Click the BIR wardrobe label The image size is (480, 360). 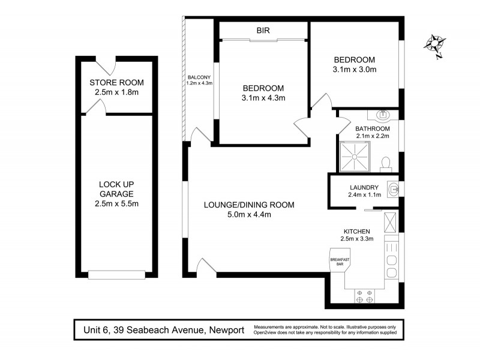pyautogui.click(x=263, y=29)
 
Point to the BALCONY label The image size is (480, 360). pyautogui.click(x=199, y=77)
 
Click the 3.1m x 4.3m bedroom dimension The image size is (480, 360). pyautogui.click(x=263, y=98)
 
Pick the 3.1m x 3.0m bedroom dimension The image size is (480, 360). pyautogui.click(x=354, y=70)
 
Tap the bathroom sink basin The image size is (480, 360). pyautogui.click(x=383, y=115)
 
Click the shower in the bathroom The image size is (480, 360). pyautogui.click(x=354, y=155)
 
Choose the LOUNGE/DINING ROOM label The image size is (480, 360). pyautogui.click(x=249, y=205)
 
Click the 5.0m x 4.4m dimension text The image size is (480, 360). pyautogui.click(x=249, y=215)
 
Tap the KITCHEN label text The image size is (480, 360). pyautogui.click(x=356, y=231)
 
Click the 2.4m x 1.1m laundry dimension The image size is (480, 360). pyautogui.click(x=364, y=194)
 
